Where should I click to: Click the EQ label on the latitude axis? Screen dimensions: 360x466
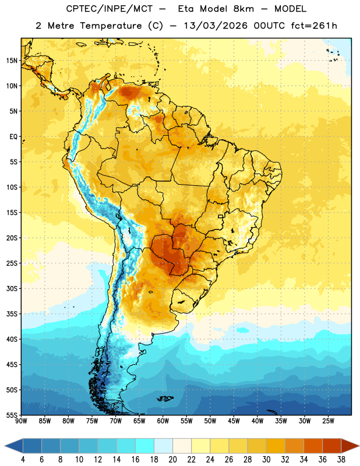13,137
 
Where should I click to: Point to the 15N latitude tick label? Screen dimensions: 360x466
12,61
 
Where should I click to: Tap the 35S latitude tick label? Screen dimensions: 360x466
12,314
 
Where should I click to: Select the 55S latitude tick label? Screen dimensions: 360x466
12,415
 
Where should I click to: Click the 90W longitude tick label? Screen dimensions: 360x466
22,421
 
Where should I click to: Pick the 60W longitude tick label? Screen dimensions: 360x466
163,421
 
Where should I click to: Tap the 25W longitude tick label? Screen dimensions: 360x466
328,421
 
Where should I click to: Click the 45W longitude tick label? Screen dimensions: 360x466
234,421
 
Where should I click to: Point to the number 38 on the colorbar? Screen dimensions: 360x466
341,460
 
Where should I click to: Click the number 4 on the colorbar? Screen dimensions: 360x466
23,460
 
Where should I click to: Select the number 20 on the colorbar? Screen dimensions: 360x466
172,460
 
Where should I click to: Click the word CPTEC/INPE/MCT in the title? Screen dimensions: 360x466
109,9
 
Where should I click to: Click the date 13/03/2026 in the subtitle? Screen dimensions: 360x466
216,26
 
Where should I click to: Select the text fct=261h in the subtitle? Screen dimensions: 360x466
314,26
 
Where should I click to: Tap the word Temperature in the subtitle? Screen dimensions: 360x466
111,26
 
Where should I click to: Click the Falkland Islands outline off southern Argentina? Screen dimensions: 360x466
165,398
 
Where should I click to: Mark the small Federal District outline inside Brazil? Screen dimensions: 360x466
221,216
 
